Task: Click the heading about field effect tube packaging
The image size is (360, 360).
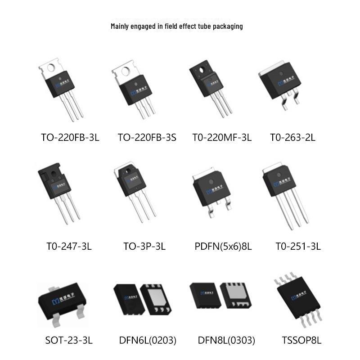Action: (x=177, y=26)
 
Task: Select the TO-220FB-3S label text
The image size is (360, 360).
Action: (x=147, y=138)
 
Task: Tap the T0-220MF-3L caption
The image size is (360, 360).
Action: (x=222, y=138)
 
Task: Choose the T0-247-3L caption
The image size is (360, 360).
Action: (x=69, y=247)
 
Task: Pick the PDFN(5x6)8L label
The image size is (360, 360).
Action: (x=223, y=247)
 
